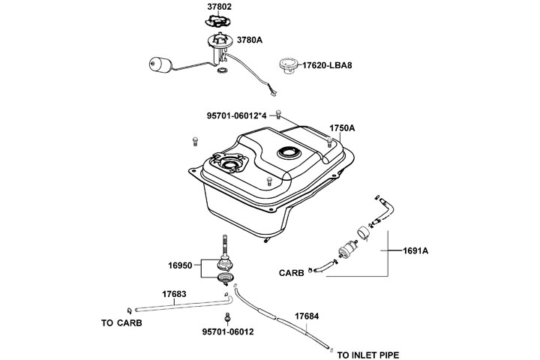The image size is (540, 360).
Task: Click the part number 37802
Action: pyautogui.click(x=220, y=7)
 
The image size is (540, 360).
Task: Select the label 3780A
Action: pyautogui.click(x=249, y=40)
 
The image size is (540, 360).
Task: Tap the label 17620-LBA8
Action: pyautogui.click(x=327, y=65)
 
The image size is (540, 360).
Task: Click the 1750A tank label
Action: pyautogui.click(x=342, y=128)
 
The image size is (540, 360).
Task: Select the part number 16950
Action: pyautogui.click(x=181, y=265)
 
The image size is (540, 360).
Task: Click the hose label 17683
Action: pyautogui.click(x=174, y=294)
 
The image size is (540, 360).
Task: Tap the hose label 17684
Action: pyautogui.click(x=306, y=316)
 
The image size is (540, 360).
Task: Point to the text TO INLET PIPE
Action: pyautogui.click(x=368, y=354)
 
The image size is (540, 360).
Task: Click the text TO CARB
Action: pyautogui.click(x=121, y=324)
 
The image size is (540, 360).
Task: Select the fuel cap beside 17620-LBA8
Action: pyautogui.click(x=288, y=64)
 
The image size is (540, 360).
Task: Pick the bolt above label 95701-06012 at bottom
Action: pyautogui.click(x=227, y=316)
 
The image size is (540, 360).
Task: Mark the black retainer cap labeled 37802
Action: pyautogui.click(x=219, y=24)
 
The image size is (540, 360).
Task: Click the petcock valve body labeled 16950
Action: pyautogui.click(x=225, y=263)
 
